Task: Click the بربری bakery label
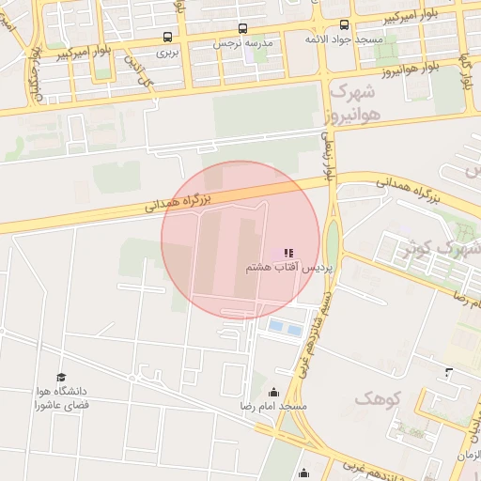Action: point(167,54)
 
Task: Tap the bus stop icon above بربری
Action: point(167,38)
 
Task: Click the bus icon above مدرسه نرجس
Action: point(242,28)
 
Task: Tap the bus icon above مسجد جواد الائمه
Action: point(344,25)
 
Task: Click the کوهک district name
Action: point(379,399)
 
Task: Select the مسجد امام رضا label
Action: point(272,407)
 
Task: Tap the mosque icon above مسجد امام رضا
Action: point(274,392)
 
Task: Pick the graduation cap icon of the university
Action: point(62,377)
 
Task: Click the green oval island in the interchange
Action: point(333,244)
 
